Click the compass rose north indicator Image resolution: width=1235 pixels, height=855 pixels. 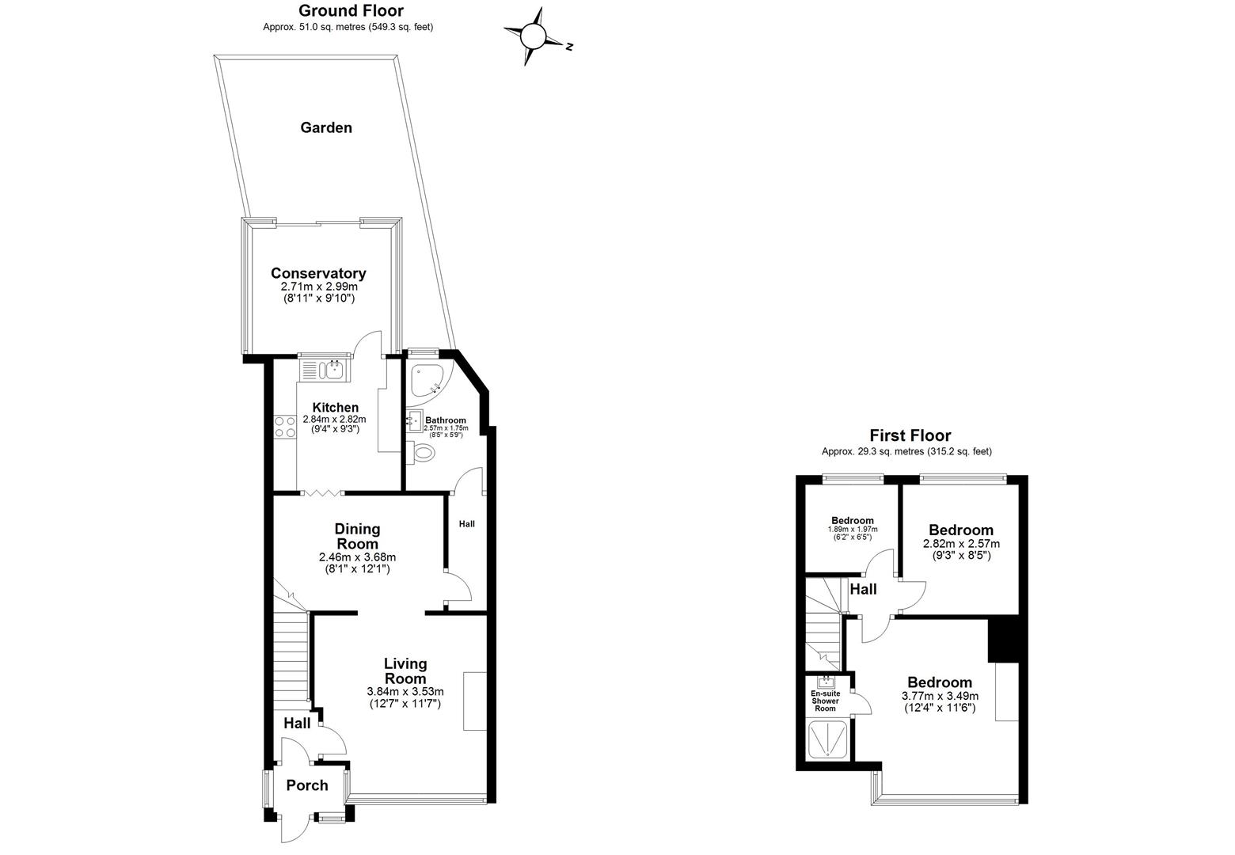click(x=533, y=36)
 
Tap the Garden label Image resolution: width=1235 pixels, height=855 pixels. click(x=326, y=127)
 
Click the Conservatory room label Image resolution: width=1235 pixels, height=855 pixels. click(x=318, y=273)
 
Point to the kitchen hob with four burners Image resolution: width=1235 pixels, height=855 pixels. click(x=284, y=427)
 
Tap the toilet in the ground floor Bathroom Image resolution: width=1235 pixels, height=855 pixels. click(x=422, y=453)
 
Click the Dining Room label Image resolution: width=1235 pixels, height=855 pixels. click(x=357, y=536)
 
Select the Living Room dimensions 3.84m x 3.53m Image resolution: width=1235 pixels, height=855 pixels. click(x=405, y=691)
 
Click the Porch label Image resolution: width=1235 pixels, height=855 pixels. click(x=307, y=785)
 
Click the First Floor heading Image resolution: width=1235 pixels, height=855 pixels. click(x=910, y=435)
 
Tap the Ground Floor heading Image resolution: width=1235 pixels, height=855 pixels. click(x=351, y=11)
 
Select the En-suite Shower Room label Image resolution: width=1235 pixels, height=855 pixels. click(x=826, y=701)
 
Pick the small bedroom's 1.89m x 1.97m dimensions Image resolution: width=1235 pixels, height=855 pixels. click(x=853, y=530)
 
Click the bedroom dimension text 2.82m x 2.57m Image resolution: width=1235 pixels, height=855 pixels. click(x=961, y=544)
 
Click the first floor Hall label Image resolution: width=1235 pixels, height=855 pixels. click(x=863, y=590)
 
